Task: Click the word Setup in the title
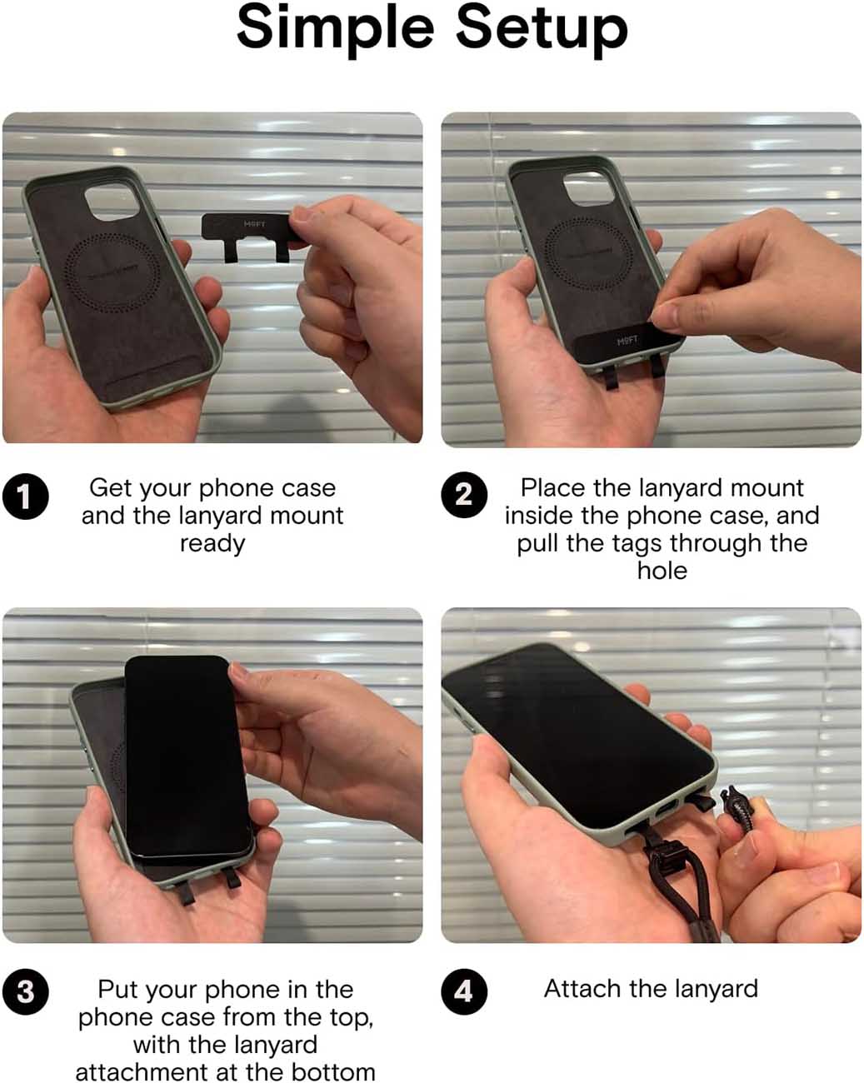click(542, 27)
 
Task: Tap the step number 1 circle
click(26, 497)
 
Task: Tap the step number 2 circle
click(464, 495)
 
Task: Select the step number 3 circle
click(26, 992)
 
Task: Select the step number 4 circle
click(464, 991)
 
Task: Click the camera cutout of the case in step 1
click(112, 202)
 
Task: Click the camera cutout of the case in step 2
click(587, 188)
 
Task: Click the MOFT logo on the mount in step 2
click(627, 342)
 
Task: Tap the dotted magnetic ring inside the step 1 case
click(112, 272)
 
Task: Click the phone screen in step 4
click(579, 736)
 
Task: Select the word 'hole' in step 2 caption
click(662, 571)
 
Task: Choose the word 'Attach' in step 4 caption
click(583, 988)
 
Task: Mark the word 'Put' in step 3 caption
click(117, 990)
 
